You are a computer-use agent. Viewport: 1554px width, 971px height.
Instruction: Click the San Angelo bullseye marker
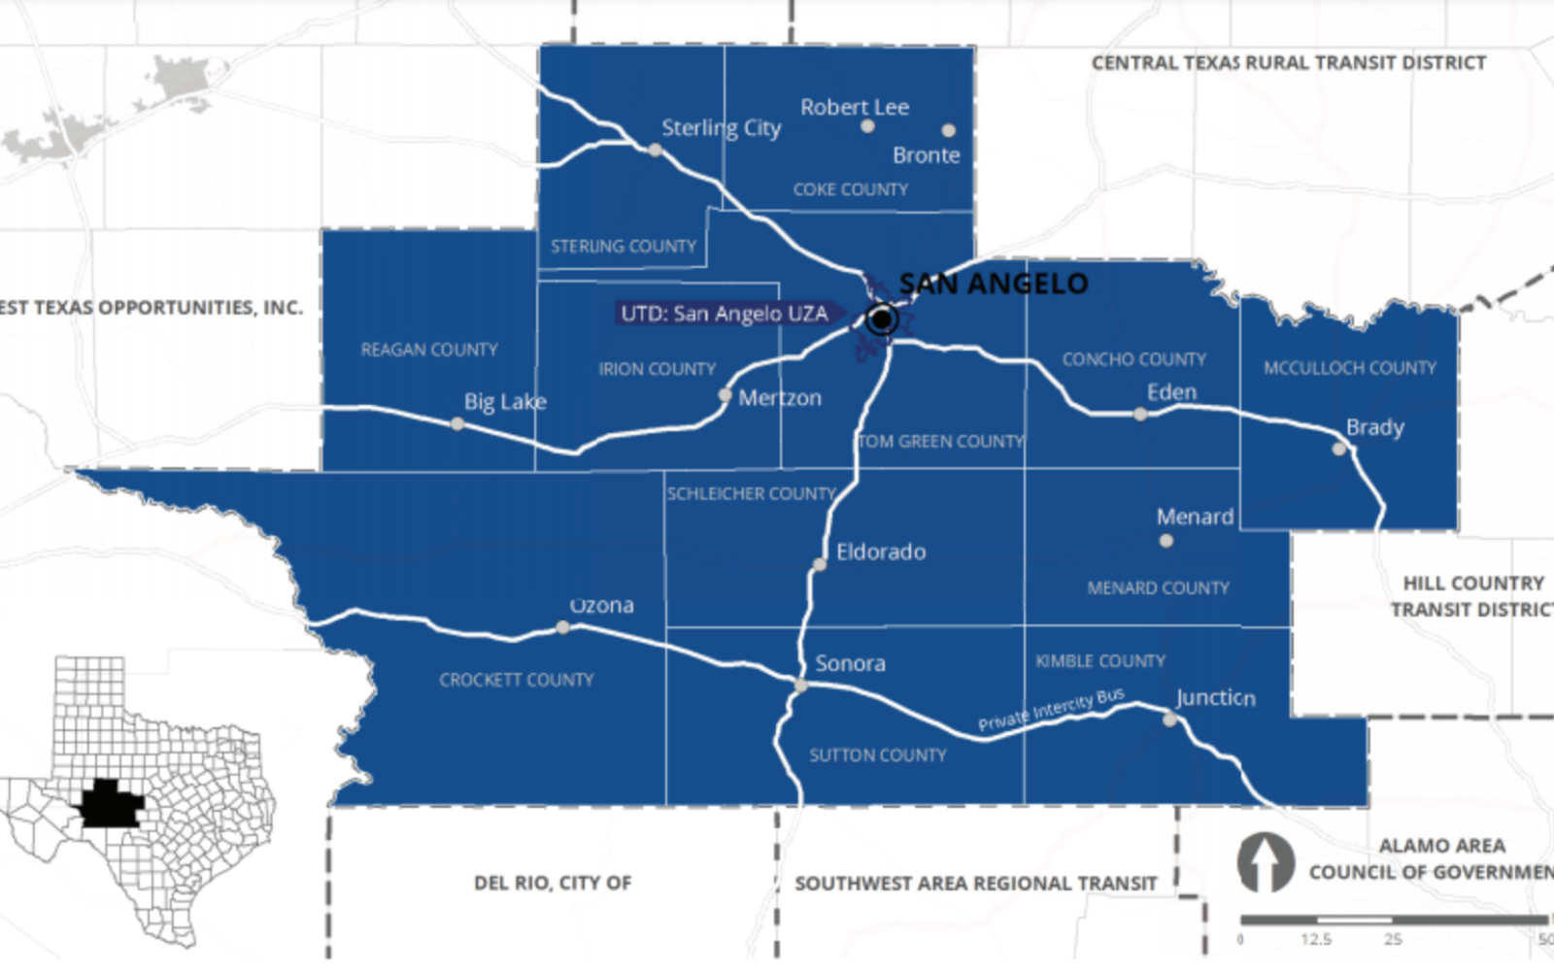[x=881, y=318]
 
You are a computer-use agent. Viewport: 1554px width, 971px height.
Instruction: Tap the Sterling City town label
[x=721, y=128]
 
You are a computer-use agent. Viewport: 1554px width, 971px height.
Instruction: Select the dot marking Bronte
[x=948, y=130]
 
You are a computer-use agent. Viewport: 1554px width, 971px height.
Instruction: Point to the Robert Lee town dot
[x=867, y=126]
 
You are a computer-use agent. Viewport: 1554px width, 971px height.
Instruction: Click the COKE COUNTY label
[x=850, y=189]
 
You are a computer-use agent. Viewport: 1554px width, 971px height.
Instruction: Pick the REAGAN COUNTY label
[x=429, y=350]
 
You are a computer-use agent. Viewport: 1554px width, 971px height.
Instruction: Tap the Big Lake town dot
[x=457, y=424]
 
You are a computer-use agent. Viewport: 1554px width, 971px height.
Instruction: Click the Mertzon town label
[x=780, y=398]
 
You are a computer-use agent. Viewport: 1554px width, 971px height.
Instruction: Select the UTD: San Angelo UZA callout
[x=725, y=314]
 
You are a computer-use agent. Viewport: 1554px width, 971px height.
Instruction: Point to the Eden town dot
[x=1140, y=415]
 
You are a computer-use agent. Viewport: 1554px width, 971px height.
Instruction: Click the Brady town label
[x=1374, y=427]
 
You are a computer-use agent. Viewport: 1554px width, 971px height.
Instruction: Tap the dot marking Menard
[x=1166, y=541]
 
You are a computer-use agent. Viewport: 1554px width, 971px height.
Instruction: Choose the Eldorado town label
[x=881, y=552]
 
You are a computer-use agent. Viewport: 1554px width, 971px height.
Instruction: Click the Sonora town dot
[x=800, y=686]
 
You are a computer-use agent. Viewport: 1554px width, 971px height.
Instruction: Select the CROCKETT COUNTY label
[x=516, y=680]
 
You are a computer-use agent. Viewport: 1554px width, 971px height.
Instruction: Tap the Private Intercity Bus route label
[x=1051, y=710]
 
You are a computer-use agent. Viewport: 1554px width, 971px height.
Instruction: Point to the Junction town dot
[x=1169, y=720]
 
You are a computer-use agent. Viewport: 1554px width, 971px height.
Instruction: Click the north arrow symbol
[x=1265, y=862]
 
